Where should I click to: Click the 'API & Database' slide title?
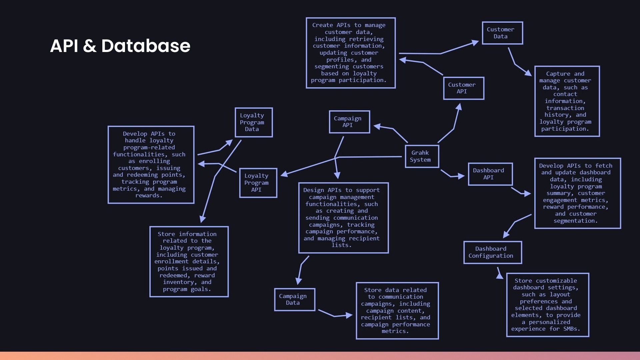pos(120,46)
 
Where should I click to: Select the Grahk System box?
pos(422,156)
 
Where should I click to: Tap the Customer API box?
pos(463,88)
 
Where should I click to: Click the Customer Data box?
pos(502,33)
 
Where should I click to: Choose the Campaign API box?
pos(349,122)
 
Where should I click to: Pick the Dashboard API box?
pos(490,174)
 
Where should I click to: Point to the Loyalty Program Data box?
pos(254,122)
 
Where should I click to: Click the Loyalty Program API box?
pos(258,183)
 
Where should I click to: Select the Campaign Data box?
pos(295,300)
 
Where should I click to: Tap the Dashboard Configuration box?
pos(492,252)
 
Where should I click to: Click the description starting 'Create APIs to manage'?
pos(350,53)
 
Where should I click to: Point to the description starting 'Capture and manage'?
pos(567,101)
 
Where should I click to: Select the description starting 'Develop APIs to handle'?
pos(151,165)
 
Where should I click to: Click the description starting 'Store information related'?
pos(189,262)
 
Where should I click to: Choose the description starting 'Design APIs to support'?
pos(343,218)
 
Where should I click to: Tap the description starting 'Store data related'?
pos(397,311)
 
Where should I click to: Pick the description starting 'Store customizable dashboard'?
pos(547,305)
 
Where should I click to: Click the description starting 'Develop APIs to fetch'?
pos(577,193)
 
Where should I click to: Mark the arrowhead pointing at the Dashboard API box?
pos(462,176)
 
